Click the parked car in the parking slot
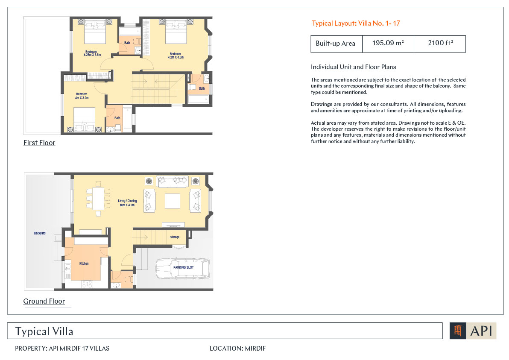coord(183,269)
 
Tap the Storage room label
coord(175,237)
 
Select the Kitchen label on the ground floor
coord(84,263)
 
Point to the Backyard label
coord(40,234)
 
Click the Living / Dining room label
coord(127,203)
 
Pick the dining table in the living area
coord(98,199)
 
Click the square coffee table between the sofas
coord(173,201)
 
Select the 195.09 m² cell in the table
coord(388,44)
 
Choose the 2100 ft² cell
coord(440,44)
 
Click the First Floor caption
coord(39,143)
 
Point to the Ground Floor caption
coord(44,301)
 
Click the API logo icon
coord(458,331)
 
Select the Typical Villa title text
coord(44,331)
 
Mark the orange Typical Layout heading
coord(356,23)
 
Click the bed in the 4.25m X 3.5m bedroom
coord(95,32)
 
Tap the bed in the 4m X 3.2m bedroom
coord(85,120)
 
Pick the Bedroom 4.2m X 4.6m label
coord(176,56)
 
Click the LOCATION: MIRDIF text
coord(237,348)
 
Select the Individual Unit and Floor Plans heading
coord(354,67)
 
